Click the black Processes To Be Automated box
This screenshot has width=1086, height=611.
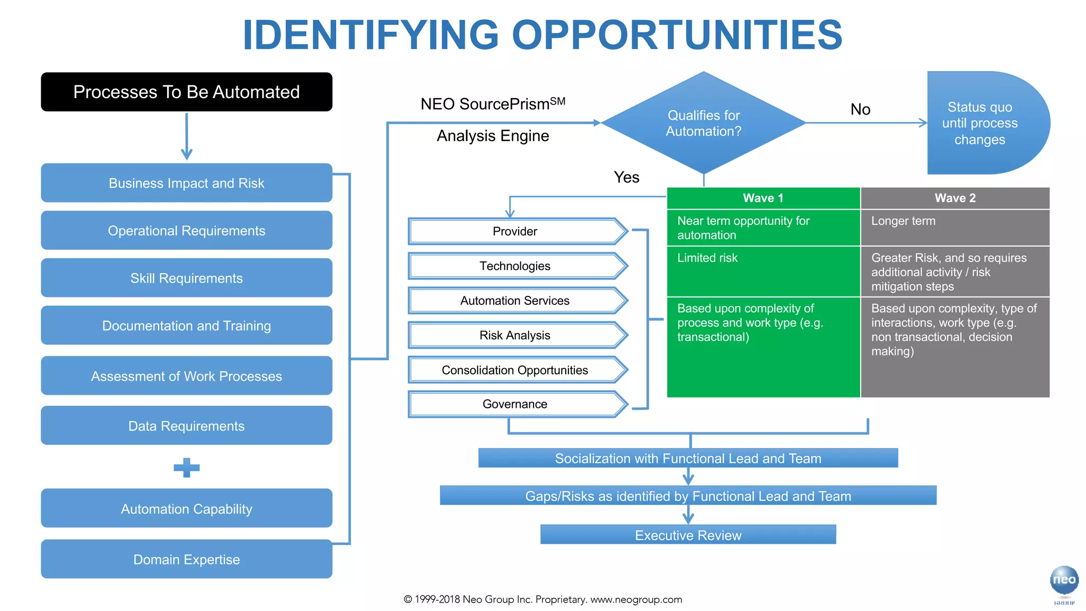186,92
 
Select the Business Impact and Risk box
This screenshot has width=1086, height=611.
186,183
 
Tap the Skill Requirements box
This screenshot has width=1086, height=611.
186,278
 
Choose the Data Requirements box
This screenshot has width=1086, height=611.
186,426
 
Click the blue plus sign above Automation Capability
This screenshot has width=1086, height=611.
187,468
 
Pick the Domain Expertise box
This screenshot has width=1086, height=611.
186,560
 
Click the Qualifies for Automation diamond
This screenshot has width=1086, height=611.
704,123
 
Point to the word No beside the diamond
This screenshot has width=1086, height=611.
860,110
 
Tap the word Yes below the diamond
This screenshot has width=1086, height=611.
626,177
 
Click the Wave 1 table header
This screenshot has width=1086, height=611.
763,198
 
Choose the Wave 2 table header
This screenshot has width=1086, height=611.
955,198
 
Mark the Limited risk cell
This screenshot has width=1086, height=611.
763,271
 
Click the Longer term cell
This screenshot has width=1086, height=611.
955,228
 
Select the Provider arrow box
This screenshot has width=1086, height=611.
515,231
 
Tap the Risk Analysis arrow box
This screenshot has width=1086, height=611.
515,335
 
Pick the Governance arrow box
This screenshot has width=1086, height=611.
515,404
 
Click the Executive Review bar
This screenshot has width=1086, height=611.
688,535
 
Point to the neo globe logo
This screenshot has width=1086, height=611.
1064,580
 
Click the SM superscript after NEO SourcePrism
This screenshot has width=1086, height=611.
558,101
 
